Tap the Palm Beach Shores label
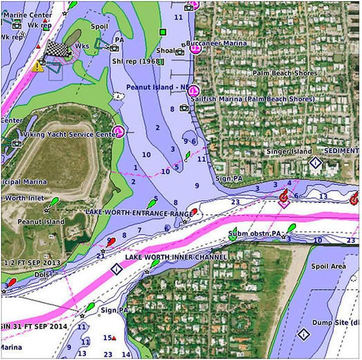coord(285,73)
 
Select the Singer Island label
coord(289,151)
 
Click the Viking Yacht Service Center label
coord(71,135)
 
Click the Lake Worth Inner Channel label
coord(176,257)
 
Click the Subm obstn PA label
coord(254,233)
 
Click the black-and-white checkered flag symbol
coord(56,49)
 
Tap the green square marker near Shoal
coord(162,33)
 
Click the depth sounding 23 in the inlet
coord(235,202)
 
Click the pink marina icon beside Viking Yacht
coord(119,132)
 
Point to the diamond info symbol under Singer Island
coord(315,163)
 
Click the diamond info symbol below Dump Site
coord(303,334)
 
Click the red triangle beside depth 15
coord(114,338)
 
